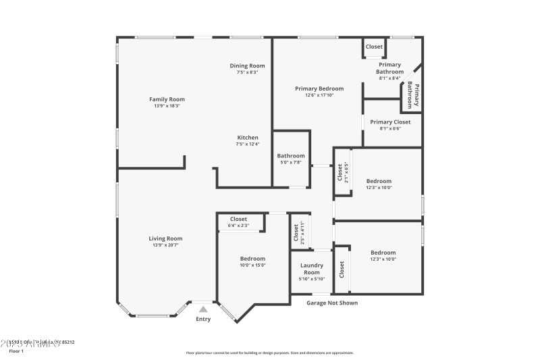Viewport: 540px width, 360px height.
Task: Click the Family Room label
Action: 167,99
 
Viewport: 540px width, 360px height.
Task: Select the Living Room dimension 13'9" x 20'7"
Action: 165,245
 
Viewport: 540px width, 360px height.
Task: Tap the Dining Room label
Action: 247,66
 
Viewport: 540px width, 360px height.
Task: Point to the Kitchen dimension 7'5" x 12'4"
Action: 247,144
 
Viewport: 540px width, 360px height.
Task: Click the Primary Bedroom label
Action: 319,88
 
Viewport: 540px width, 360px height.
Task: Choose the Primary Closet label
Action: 390,122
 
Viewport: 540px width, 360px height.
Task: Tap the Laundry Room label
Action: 311,269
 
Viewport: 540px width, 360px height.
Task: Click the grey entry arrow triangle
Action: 202,309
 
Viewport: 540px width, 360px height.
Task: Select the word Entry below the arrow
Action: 202,319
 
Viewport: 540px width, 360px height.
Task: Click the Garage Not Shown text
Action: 332,303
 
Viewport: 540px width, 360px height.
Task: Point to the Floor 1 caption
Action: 16,351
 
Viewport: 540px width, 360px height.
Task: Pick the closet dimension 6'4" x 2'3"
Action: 238,226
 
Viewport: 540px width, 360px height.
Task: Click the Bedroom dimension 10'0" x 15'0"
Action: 253,265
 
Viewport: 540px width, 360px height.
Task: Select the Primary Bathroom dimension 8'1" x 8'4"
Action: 389,78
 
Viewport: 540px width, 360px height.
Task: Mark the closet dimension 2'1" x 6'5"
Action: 346,173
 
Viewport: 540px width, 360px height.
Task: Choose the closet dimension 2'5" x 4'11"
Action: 303,232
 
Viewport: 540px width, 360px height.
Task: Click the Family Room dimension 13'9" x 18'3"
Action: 167,106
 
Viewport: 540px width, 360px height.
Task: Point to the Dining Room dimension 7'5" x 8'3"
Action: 247,72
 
